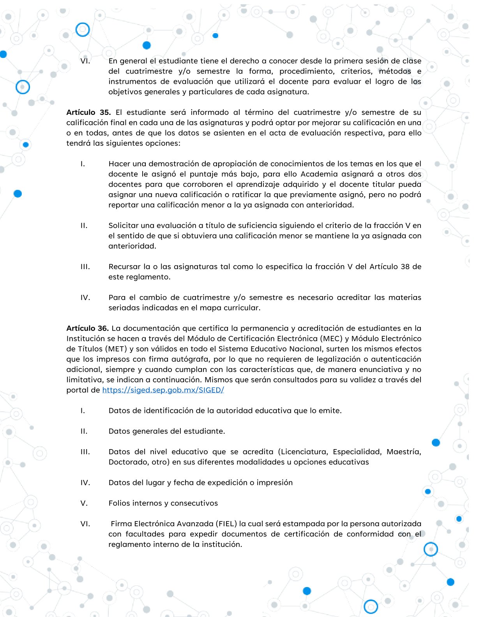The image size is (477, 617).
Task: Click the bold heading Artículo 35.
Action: [88, 112]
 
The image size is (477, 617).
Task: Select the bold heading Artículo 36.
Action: [87, 328]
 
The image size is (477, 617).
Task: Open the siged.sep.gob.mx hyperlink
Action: [163, 390]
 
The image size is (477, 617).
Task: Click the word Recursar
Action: [124, 266]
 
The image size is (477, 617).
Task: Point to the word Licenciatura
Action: [304, 451]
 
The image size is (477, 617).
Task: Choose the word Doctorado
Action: [127, 462]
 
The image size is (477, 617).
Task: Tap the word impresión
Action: [274, 482]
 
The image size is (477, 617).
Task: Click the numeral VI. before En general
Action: [85, 61]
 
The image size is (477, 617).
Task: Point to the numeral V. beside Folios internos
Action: [84, 503]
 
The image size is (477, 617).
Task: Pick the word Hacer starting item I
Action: [119, 164]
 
